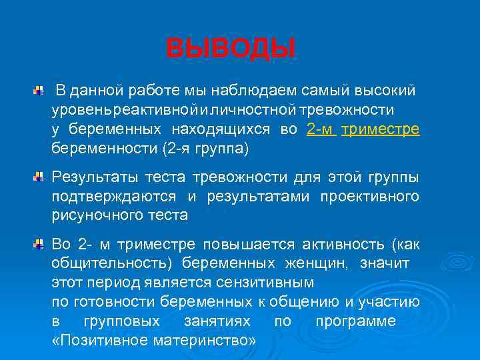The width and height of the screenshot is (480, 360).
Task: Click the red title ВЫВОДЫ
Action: [230, 49]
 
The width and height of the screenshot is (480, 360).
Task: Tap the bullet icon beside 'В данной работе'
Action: [40, 89]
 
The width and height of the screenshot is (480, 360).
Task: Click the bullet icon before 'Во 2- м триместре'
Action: [40, 245]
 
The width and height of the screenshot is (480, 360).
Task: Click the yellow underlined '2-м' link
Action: [321, 129]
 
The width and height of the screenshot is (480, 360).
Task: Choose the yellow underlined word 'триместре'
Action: [380, 129]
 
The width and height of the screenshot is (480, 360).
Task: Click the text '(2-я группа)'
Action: [205, 149]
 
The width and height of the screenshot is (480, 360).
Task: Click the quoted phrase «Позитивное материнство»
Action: [154, 341]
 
